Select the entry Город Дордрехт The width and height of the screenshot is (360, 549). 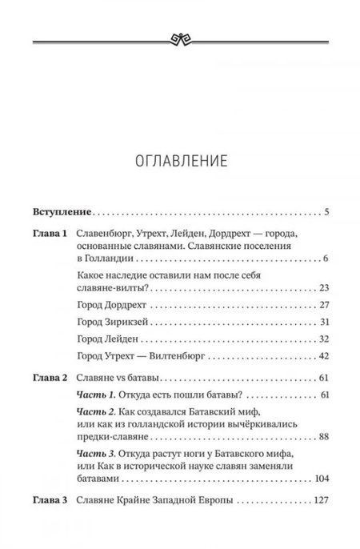pos(119,327)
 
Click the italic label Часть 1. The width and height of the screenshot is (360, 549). pos(95,417)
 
